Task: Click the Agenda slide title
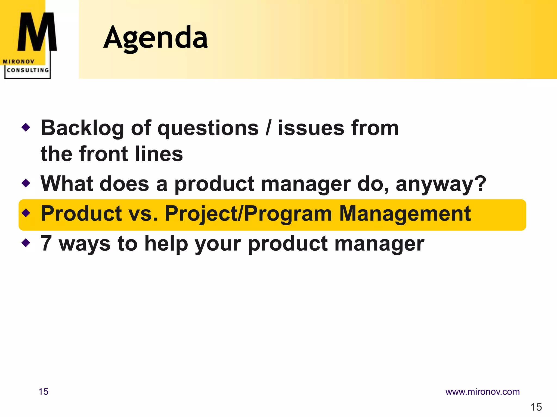click(156, 38)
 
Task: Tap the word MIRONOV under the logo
click(18, 62)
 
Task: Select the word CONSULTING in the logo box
click(28, 70)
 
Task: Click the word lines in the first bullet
click(159, 154)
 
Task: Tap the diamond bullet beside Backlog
click(26, 127)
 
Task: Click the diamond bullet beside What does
click(26, 183)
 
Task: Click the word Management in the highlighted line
click(405, 214)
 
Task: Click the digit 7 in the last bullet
click(46, 243)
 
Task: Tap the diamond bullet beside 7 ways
click(26, 242)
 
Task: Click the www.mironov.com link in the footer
click(482, 392)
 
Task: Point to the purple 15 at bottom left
click(43, 392)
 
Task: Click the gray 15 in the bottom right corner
click(536, 407)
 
